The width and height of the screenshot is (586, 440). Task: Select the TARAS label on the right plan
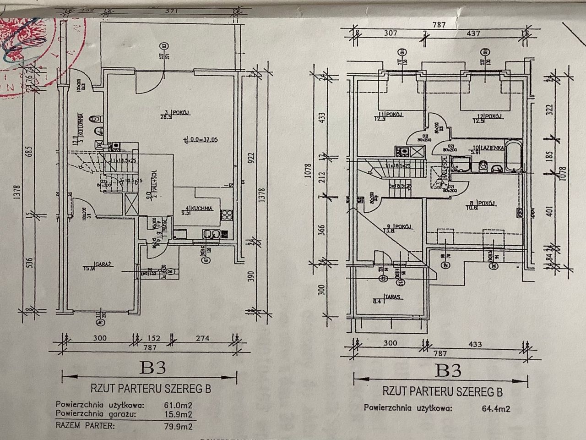[394, 297]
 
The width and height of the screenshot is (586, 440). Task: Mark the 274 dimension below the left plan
[202, 338]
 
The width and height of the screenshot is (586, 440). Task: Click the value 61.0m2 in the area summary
[178, 405]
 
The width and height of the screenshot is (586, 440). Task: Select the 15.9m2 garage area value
[178, 414]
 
